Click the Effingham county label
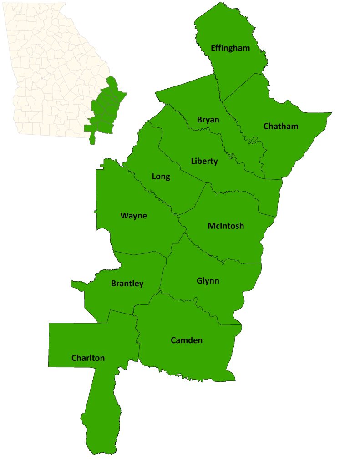[230, 48]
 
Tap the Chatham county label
[281, 126]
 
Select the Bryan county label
[208, 120]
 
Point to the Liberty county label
[204, 161]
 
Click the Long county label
[161, 177]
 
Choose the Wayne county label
[133, 216]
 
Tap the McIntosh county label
[226, 226]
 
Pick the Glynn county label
[208, 281]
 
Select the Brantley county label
[127, 284]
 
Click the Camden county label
[187, 340]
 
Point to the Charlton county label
[88, 358]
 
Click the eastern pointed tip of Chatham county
[330, 113]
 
